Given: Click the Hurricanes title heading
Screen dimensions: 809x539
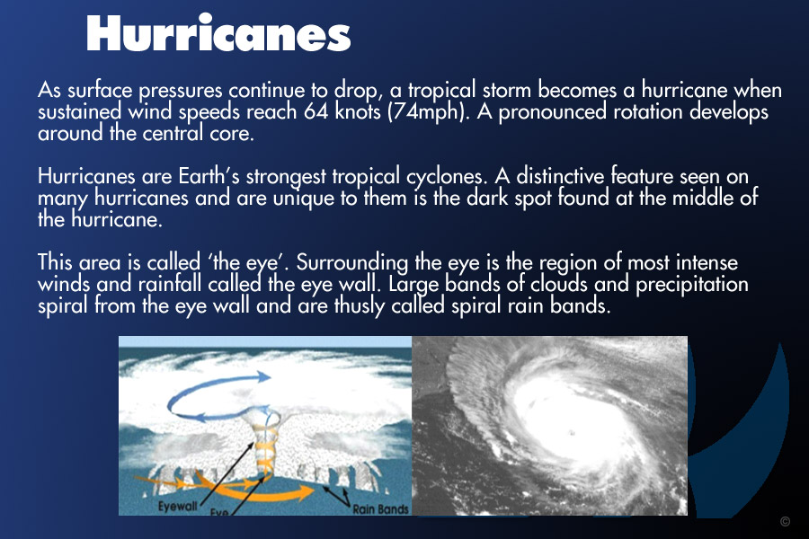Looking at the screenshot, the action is pyautogui.click(x=218, y=33).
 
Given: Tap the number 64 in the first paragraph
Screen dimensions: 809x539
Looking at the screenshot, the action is pyautogui.click(x=316, y=112).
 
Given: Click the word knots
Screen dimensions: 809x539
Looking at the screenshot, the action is pyautogui.click(x=358, y=112).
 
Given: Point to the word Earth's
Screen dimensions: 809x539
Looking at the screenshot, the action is pyautogui.click(x=209, y=176).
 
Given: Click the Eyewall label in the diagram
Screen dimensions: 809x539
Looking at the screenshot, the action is pyautogui.click(x=177, y=506).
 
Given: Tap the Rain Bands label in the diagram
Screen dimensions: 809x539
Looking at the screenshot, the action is pyautogui.click(x=380, y=509).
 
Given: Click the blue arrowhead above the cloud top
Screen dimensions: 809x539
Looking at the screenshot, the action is pyautogui.click(x=263, y=377).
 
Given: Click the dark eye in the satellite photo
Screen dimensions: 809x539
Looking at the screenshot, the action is pyautogui.click(x=571, y=432).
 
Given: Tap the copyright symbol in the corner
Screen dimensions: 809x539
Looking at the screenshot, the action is pyautogui.click(x=785, y=521).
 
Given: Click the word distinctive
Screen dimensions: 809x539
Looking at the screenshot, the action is pyautogui.click(x=560, y=176).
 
